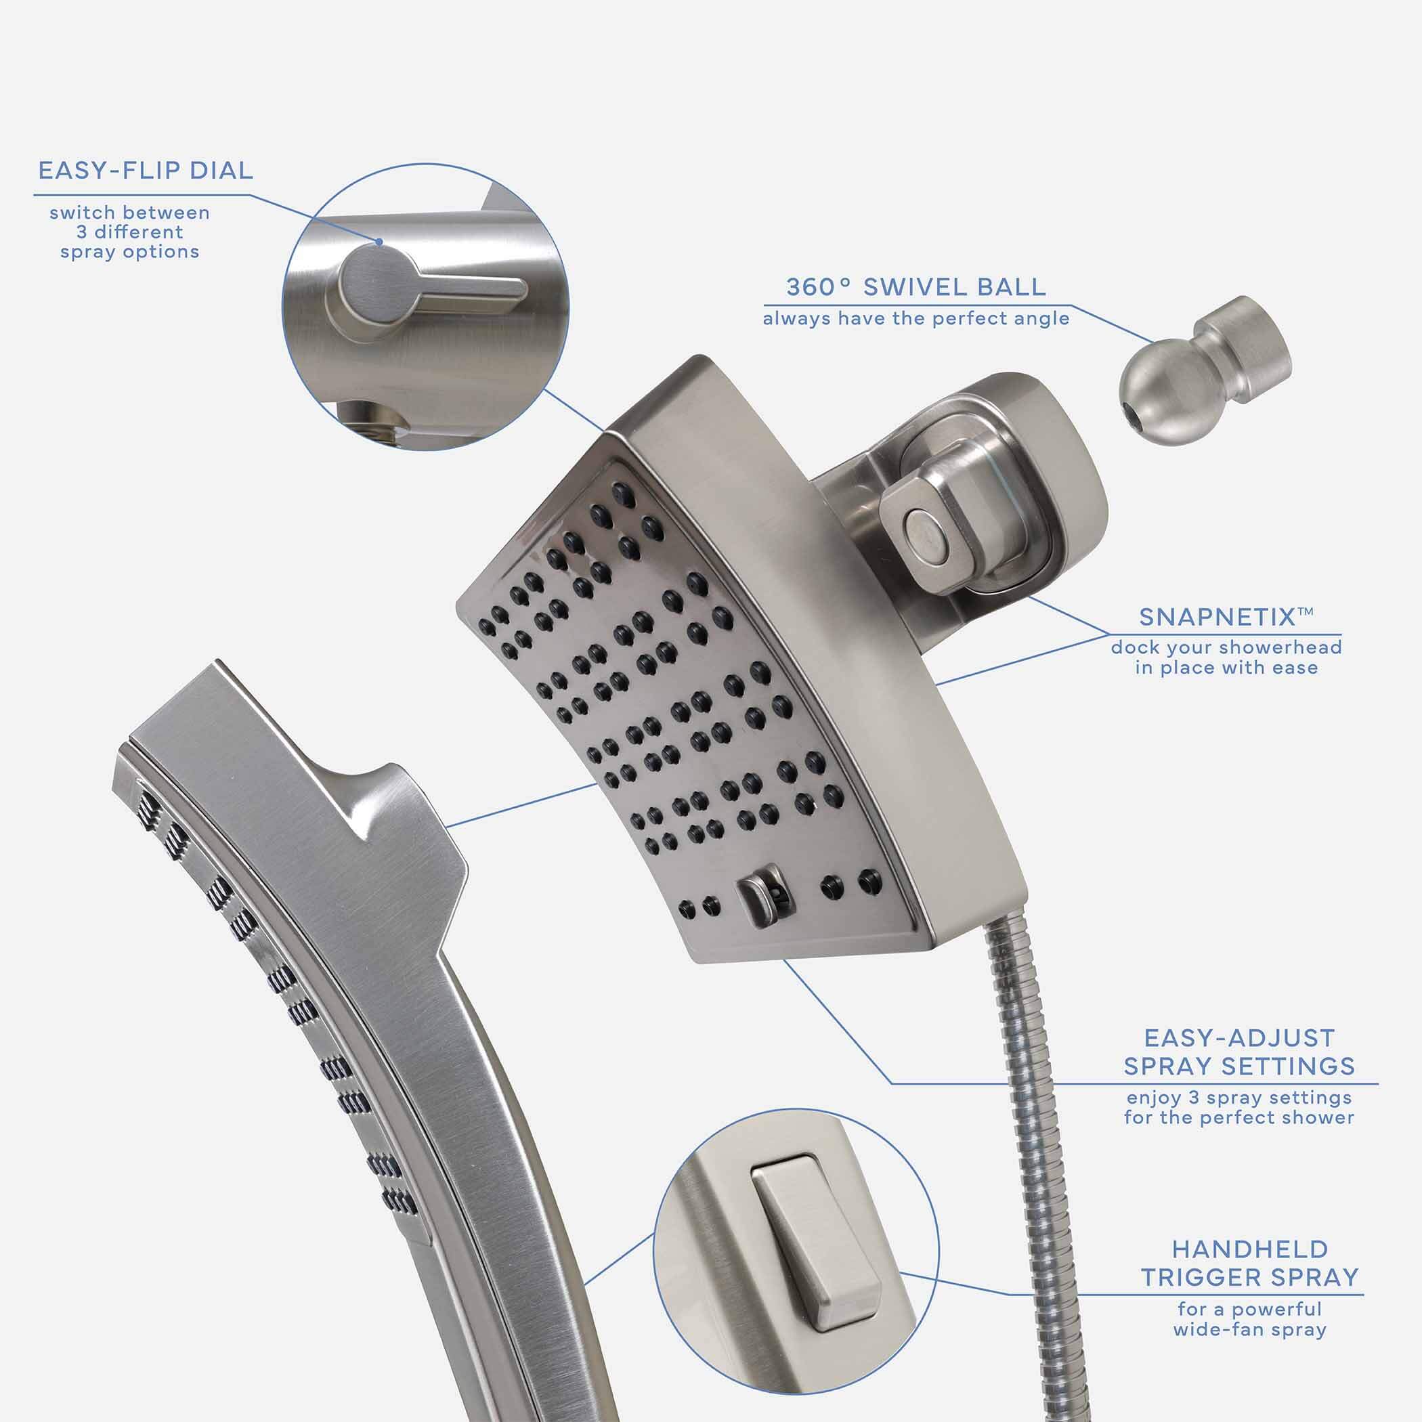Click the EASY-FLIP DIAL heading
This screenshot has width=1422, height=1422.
point(146,171)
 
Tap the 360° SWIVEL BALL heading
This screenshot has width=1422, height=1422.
point(915,287)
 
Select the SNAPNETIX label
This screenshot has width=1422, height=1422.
point(1226,617)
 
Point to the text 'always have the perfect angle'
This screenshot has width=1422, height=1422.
point(916,319)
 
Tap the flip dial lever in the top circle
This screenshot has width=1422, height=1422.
point(432,291)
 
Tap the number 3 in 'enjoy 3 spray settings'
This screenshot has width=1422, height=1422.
point(1194,1098)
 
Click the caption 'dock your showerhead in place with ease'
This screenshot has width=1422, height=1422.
point(1227,658)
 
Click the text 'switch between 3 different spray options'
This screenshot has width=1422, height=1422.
point(129,232)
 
